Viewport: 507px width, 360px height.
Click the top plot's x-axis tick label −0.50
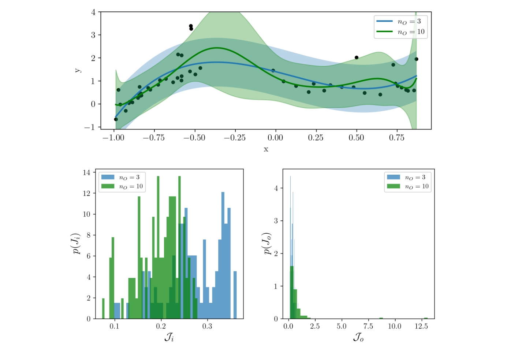[x=194, y=138]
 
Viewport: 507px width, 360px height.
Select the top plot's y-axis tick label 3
[x=93, y=35]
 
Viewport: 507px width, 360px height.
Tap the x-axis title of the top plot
[x=266, y=149]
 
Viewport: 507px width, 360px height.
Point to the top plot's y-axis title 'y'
[x=78, y=70]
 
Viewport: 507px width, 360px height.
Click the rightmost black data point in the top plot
[x=416, y=59]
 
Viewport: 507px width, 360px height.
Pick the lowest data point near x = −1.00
[x=116, y=119]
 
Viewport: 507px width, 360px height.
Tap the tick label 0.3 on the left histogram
[x=207, y=326]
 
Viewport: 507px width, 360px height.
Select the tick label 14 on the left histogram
[x=87, y=172]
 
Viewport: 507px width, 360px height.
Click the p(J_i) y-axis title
[x=76, y=243]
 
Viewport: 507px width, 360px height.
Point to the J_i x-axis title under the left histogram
[x=169, y=337]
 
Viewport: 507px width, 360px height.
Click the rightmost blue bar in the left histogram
[x=235, y=295]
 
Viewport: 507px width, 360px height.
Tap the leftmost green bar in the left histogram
[x=103, y=309]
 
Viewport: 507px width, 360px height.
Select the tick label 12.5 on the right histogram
[x=421, y=326]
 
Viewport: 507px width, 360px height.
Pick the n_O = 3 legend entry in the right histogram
[x=407, y=177]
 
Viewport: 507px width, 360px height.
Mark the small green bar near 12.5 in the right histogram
[x=426, y=318]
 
